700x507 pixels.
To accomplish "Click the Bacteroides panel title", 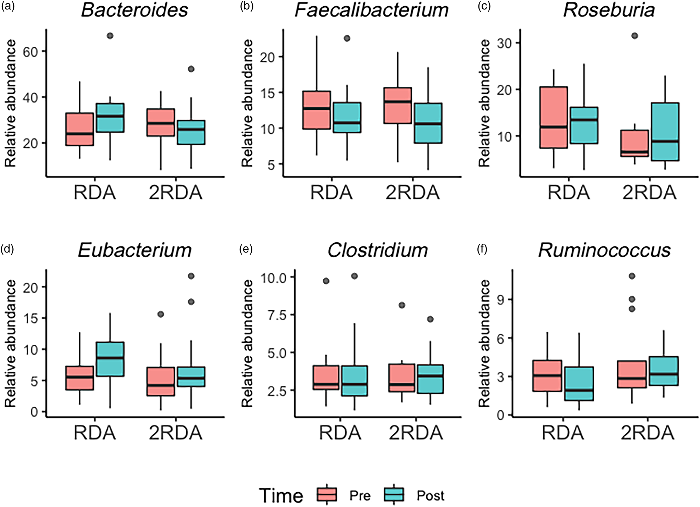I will click(x=135, y=10).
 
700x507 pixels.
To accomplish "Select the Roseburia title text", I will click(x=609, y=10).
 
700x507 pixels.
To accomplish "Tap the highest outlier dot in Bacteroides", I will click(x=110, y=36).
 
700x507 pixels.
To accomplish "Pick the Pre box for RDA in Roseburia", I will click(x=553, y=117).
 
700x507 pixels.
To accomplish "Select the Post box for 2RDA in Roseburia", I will click(x=665, y=132).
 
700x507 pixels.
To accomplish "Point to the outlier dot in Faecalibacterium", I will click(x=347, y=38).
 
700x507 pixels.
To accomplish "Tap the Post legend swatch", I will click(x=394, y=495).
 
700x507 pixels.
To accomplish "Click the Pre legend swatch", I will click(x=327, y=495).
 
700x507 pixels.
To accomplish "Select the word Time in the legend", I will click(x=281, y=495).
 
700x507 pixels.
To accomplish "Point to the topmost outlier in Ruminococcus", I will click(x=632, y=276).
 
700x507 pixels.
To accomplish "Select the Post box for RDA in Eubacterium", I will click(x=110, y=359).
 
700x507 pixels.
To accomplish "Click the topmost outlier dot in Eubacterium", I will click(x=191, y=276).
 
